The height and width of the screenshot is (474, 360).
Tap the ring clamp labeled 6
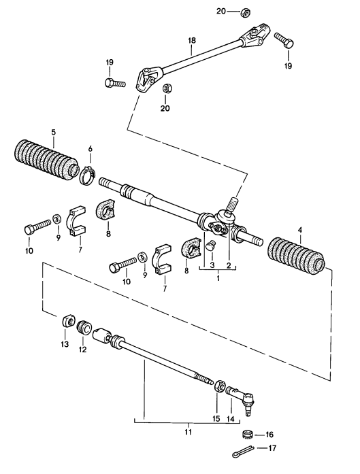[86, 176]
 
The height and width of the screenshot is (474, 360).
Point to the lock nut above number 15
[220, 387]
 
